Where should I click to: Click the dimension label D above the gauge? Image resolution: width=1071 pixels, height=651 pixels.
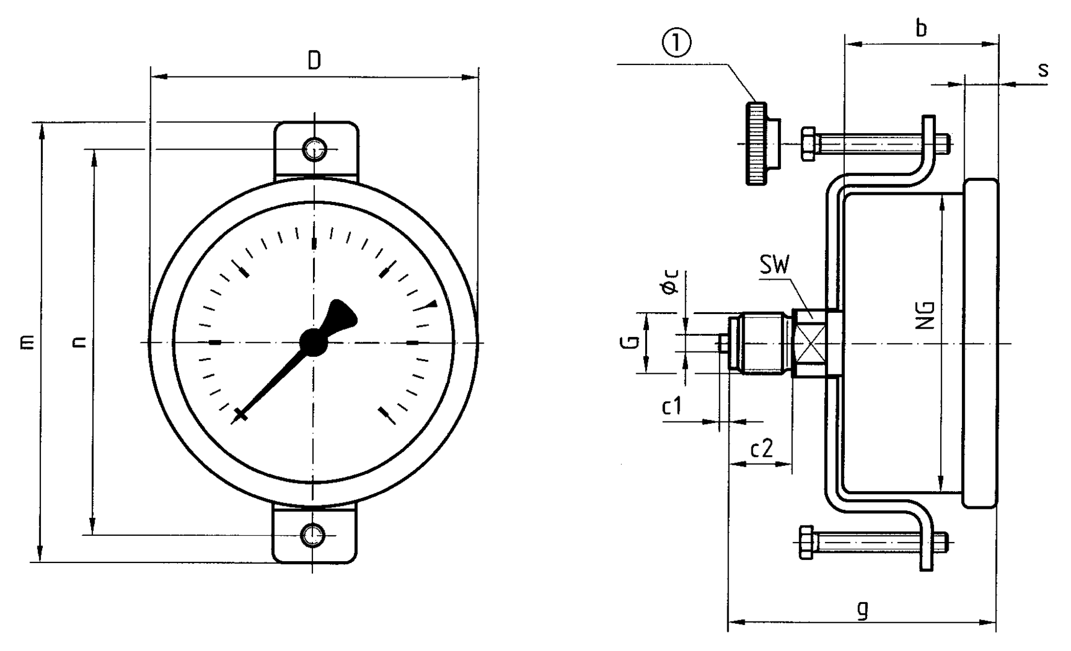[314, 60]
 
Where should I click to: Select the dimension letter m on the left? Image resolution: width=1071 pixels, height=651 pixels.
[27, 342]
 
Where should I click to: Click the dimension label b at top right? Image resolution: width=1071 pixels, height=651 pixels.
[920, 28]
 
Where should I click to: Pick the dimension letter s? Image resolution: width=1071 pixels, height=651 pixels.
[1043, 70]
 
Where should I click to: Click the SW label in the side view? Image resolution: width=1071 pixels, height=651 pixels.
[775, 265]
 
